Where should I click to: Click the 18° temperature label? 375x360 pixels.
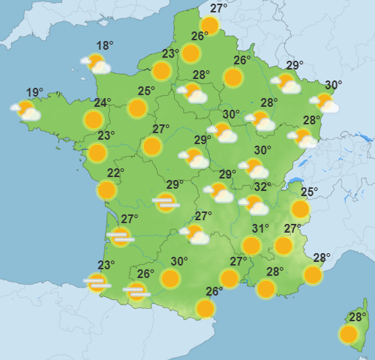tap(105, 46)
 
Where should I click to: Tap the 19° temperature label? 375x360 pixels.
tap(34, 93)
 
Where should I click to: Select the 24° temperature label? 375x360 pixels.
tap(102, 103)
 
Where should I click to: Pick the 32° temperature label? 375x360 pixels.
tap(262, 187)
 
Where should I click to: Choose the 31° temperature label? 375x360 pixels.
tap(261, 228)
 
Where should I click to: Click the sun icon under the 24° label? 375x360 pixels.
tap(94, 119)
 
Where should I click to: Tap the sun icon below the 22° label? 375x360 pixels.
tap(107, 190)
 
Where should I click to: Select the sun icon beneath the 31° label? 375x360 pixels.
tap(251, 245)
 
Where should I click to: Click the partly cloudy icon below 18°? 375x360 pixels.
tap(96, 64)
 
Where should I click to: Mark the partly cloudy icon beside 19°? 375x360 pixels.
tap(26, 110)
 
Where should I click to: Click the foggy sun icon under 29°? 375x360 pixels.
tap(166, 203)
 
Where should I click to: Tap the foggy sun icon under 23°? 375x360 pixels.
tap(96, 282)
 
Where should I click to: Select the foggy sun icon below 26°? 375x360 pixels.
tap(136, 292)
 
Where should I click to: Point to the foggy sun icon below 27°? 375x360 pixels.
tap(121, 236)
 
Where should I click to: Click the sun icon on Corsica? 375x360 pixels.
tap(349, 334)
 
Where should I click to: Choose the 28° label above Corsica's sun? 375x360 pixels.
tap(357, 318)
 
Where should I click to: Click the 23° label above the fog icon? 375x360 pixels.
tap(107, 266)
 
